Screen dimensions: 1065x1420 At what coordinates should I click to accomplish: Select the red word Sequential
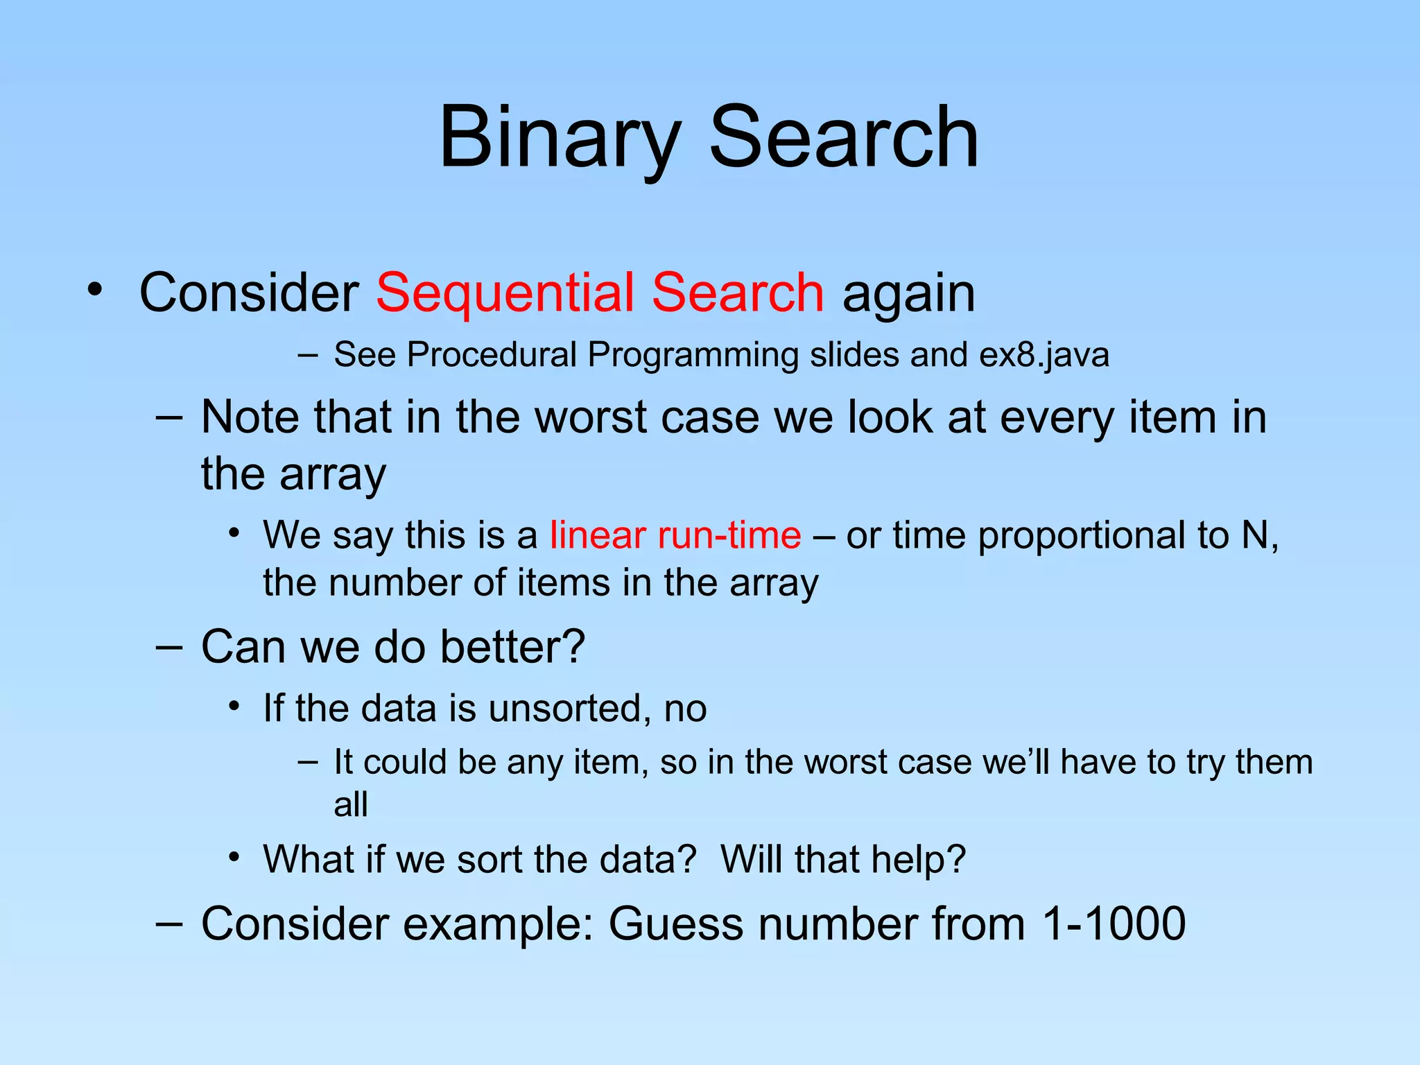504,293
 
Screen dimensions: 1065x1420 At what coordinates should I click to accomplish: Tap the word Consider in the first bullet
249,293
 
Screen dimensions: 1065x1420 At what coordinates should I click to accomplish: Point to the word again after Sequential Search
908,294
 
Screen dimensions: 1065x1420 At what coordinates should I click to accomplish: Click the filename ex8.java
1044,355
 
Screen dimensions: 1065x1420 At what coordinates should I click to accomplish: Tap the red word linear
598,535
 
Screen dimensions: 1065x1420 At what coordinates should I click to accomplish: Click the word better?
512,647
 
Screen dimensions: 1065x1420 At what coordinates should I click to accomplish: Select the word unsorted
565,709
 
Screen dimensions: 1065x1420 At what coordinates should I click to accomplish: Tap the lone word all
350,805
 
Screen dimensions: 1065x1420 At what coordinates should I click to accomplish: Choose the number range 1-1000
1114,924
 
